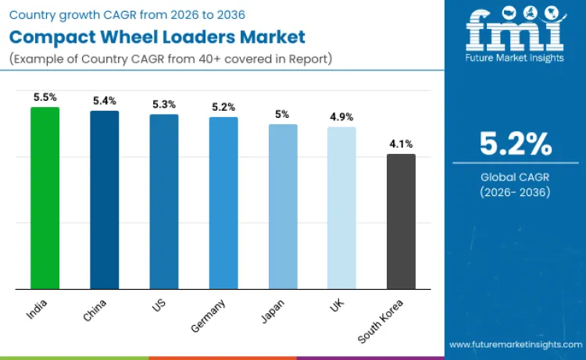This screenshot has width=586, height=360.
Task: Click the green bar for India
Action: coord(45,198)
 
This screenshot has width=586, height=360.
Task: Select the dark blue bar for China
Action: coord(104,200)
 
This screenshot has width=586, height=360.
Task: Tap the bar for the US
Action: coord(164,201)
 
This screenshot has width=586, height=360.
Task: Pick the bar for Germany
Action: coord(223,203)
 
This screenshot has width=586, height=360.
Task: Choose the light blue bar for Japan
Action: coord(283,206)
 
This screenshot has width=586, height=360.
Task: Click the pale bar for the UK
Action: coord(341,208)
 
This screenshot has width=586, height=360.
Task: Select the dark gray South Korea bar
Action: coord(401,222)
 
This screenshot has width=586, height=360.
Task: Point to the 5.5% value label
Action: coord(45,97)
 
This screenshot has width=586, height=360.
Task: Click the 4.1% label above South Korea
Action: coord(401,144)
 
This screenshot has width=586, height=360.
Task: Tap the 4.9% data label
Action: coord(341,117)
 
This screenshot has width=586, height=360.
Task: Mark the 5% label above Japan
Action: coord(283,114)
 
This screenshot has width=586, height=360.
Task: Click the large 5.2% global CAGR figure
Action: coord(516,144)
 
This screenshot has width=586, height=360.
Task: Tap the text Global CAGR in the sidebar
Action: coord(516,177)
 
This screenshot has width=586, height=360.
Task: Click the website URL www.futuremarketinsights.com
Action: coord(515,344)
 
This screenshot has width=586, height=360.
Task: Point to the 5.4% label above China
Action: coord(104,101)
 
